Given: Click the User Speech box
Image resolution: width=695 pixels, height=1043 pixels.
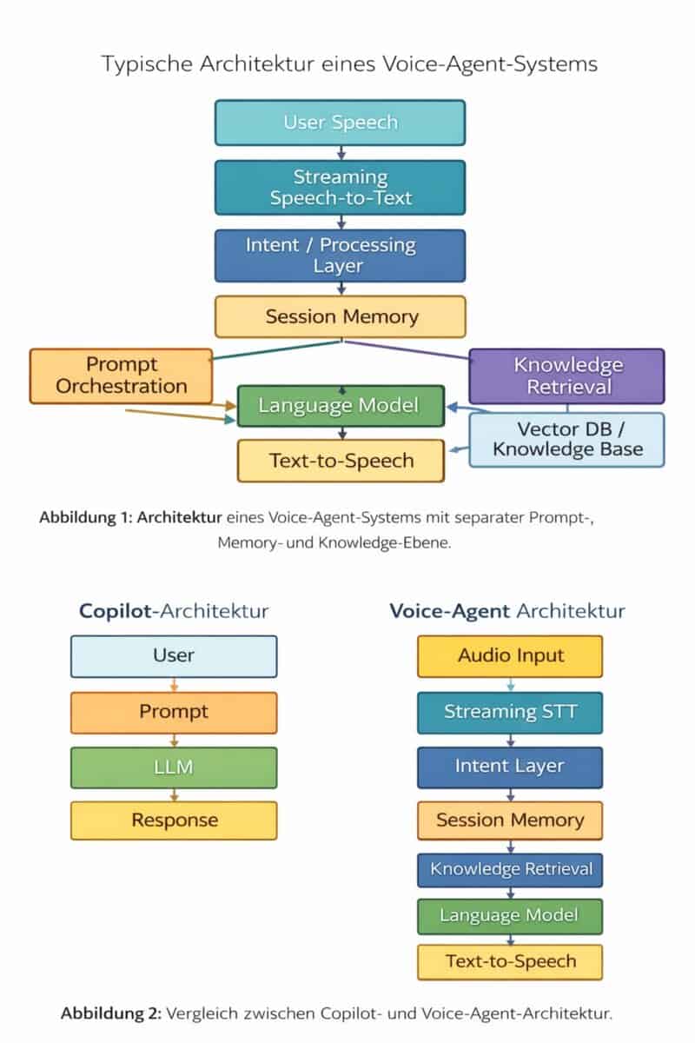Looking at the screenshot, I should [340, 122].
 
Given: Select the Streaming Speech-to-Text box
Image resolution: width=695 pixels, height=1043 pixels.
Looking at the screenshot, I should [340, 187].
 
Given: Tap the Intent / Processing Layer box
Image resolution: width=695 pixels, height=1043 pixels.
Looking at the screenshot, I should [340, 256].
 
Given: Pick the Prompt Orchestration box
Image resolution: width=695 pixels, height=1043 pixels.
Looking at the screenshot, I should [121, 375].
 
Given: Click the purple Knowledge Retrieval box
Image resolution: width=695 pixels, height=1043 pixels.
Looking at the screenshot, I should [566, 375].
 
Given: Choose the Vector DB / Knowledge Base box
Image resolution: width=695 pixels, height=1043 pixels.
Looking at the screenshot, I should [566, 439].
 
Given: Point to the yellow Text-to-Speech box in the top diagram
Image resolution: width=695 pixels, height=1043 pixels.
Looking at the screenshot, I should [341, 461].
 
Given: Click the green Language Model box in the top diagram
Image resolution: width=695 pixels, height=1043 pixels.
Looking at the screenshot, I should [340, 406].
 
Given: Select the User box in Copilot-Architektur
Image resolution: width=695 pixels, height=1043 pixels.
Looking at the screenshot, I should [174, 655].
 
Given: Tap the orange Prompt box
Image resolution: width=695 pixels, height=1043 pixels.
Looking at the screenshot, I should [174, 712].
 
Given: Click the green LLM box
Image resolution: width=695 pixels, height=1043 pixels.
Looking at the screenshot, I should [174, 767].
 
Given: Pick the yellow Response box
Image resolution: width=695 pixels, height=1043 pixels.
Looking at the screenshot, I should [174, 820].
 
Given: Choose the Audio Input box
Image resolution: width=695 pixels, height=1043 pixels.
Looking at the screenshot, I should [510, 655].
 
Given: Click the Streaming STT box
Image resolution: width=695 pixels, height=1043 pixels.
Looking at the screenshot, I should [510, 712].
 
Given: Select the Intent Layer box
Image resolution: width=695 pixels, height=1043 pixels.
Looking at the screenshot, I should [510, 767].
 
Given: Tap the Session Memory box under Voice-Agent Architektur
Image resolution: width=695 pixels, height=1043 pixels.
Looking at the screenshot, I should [510, 820].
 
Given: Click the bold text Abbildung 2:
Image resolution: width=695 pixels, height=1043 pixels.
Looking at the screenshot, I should [111, 1013].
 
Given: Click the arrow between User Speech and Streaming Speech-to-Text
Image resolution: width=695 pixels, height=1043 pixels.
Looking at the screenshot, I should [340, 152].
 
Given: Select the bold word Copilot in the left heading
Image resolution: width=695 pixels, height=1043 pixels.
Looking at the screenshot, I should [114, 610].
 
